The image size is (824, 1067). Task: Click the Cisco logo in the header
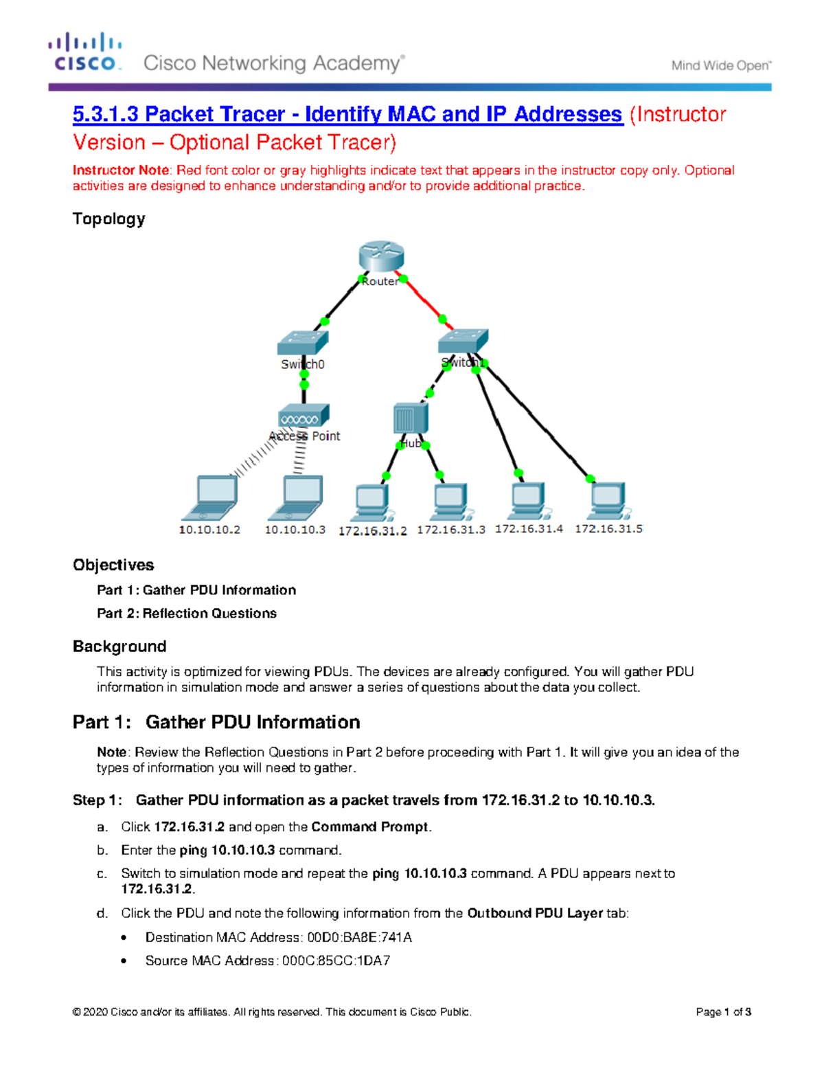pos(85,52)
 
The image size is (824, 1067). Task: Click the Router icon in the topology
pos(381,256)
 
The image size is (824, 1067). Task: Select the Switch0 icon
pos(303,342)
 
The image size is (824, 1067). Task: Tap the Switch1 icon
pos(463,340)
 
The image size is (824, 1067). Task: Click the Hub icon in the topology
pos(411,418)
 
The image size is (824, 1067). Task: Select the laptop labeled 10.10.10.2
pos(211,497)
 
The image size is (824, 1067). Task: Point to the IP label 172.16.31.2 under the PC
pos(372,531)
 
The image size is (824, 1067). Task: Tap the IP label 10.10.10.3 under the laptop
pos(295,530)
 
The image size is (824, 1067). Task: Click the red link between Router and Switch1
pos(424,300)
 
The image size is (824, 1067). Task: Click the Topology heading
pos(108,219)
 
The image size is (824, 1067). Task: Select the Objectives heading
pos(113,565)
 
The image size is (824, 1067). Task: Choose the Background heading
pos(119,647)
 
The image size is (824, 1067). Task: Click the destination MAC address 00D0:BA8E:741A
pos(359,937)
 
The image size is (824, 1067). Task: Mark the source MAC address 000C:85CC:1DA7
pos(336,961)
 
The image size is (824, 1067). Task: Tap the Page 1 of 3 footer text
pos(723,1011)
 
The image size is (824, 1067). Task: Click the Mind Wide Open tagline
pos(721,66)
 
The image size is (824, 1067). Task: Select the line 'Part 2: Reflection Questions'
pos(187,614)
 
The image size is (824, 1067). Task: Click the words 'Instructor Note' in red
pos(121,170)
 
